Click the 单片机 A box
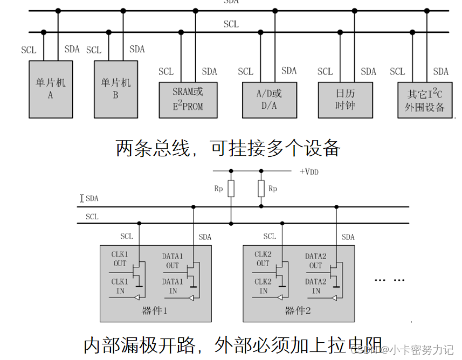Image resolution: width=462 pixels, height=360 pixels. point(51,89)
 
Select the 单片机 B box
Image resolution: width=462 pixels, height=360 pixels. point(116,89)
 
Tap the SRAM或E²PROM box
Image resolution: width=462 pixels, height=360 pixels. point(188,100)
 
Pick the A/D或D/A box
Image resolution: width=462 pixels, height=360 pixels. point(269,100)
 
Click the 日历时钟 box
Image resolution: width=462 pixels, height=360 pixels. point(345,100)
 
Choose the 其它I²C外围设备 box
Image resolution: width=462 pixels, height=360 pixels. point(425,100)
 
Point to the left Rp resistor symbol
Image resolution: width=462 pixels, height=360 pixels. point(231,189)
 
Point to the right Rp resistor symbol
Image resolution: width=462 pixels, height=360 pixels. point(261,189)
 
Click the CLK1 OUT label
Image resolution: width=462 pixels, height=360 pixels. point(119,259)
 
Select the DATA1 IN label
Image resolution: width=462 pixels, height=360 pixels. point(173,286)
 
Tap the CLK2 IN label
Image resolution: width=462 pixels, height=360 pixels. point(263,286)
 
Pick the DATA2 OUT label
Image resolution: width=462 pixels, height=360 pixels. point(316,261)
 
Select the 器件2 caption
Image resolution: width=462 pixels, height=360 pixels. point(299,311)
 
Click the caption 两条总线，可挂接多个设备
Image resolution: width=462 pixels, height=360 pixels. point(227,148)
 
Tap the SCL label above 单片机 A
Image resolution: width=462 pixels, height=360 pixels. point(29,50)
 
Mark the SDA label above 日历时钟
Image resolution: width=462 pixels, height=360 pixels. point(368,72)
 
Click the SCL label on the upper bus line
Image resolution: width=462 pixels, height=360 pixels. point(231,24)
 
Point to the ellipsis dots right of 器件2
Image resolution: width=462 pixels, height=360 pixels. point(389,280)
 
